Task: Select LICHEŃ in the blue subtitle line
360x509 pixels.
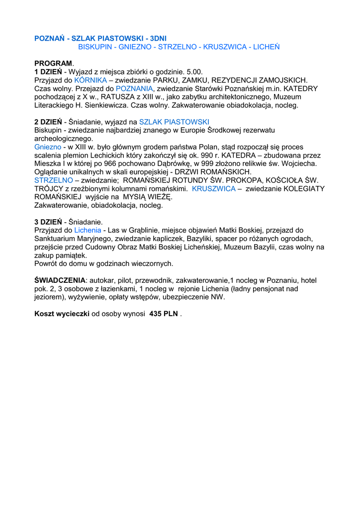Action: [267, 47]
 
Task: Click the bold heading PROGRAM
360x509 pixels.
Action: [53, 64]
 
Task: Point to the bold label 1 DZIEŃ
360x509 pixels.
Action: [48, 72]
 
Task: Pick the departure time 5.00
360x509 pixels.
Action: [194, 72]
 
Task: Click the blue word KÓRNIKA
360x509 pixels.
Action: [90, 80]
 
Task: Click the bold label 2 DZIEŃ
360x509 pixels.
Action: [48, 122]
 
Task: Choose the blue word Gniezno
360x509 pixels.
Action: [48, 147]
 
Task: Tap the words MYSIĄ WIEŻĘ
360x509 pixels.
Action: [148, 197]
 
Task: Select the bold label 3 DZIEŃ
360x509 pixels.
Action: [48, 222]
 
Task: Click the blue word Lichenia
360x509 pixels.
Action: [88, 230]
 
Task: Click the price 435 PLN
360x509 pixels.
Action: [164, 314]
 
